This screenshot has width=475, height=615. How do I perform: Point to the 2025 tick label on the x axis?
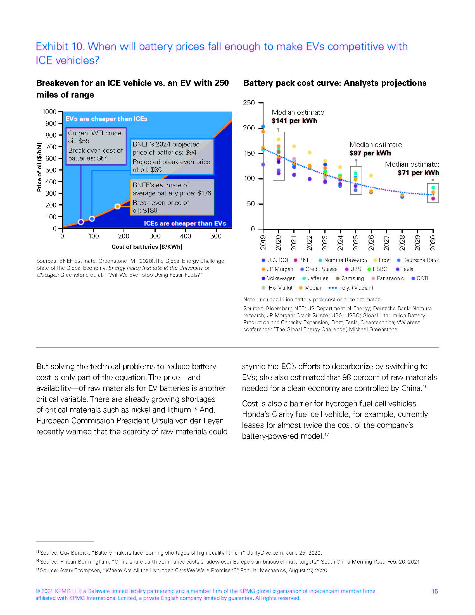[356, 242]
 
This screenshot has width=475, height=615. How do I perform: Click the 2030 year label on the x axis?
[433, 242]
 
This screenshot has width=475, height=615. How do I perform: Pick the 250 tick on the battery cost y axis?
[249, 103]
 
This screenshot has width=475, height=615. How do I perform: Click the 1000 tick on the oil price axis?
[49, 112]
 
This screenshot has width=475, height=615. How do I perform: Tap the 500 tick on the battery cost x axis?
[216, 236]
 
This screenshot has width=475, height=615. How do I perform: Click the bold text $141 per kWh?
[294, 121]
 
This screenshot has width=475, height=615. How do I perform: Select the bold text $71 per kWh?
[418, 172]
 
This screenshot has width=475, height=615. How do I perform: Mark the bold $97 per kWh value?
[370, 153]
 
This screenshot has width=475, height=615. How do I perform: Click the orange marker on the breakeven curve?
[118, 206]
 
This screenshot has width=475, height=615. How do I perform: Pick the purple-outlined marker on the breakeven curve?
[81, 222]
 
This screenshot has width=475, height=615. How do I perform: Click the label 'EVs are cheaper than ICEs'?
[106, 119]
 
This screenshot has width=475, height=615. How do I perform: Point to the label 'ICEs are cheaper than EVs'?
[185, 223]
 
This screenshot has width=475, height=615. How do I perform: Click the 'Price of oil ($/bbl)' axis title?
[39, 167]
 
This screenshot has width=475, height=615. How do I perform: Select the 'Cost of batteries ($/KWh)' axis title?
[147, 247]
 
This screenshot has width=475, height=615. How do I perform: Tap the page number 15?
[435, 591]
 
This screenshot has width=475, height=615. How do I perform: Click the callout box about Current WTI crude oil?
[96, 146]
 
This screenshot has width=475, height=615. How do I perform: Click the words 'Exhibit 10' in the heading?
[60, 46]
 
